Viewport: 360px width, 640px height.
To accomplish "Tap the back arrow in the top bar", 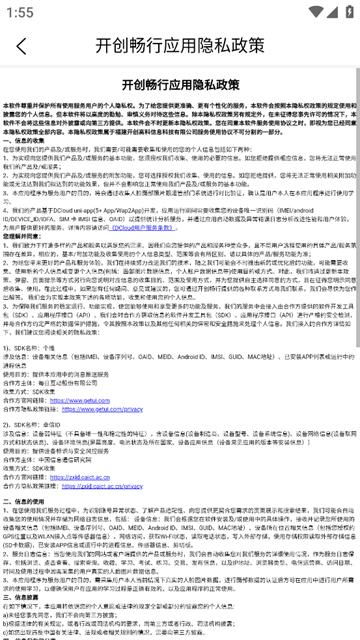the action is point(22,46).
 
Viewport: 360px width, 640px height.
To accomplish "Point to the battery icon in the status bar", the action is point(343,11).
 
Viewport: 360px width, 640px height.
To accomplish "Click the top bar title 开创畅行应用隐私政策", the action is point(180,46).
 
